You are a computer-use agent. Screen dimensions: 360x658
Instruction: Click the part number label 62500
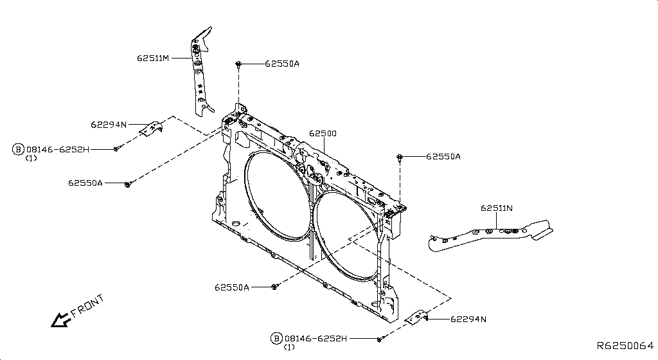click(x=323, y=134)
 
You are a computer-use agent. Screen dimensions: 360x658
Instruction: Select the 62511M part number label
click(x=152, y=57)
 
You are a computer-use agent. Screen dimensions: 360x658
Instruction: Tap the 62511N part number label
click(x=496, y=208)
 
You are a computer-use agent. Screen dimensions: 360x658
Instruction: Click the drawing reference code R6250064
click(x=625, y=346)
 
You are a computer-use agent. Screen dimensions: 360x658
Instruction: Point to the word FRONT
click(x=87, y=307)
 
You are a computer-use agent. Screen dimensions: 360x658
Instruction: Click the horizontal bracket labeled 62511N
click(x=492, y=235)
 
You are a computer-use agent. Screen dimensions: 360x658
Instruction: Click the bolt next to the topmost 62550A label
click(x=238, y=64)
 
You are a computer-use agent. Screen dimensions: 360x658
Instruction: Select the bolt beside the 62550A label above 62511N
click(x=400, y=156)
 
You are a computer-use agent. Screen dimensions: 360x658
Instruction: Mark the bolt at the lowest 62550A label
click(x=274, y=287)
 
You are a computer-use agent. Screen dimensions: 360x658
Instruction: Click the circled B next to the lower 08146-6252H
click(x=276, y=338)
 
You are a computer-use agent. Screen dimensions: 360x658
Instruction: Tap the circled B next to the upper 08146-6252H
click(x=18, y=149)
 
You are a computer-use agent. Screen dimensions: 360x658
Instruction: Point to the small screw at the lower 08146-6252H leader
click(x=380, y=338)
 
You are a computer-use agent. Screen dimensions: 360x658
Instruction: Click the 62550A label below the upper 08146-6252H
click(x=85, y=183)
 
